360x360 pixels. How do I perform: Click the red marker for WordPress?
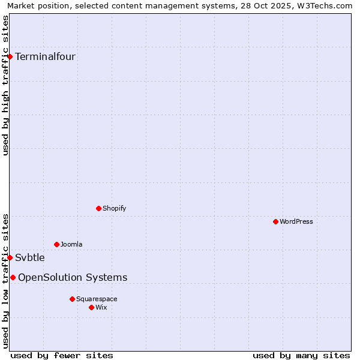tap(275, 221)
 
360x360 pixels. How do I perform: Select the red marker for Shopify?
tap(98, 208)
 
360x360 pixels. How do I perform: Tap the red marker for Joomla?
tap(56, 244)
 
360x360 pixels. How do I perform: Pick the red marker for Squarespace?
tap(72, 299)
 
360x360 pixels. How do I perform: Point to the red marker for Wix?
tap(91, 307)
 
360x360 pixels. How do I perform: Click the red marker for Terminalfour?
tap(10, 56)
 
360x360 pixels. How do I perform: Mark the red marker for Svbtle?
tap(10, 257)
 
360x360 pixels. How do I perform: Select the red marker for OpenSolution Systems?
tap(13, 277)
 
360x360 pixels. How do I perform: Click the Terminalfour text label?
tap(45, 57)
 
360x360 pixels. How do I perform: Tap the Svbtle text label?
tap(30, 258)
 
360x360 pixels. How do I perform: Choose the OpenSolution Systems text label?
tap(73, 277)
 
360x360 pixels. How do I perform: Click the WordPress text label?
tap(296, 221)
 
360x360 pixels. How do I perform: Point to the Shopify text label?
tap(114, 208)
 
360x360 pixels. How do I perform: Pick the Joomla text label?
tap(71, 244)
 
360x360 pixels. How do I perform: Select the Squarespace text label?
tap(97, 299)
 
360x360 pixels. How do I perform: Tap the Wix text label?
tap(101, 307)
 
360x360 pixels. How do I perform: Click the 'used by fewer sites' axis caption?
tap(62, 355)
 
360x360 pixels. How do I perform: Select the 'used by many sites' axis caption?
tap(301, 355)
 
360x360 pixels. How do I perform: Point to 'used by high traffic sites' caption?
tap(6, 85)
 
